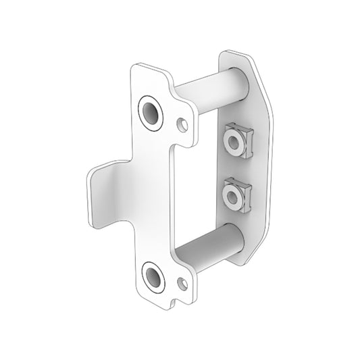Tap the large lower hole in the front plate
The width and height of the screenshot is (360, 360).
coord(153,278)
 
